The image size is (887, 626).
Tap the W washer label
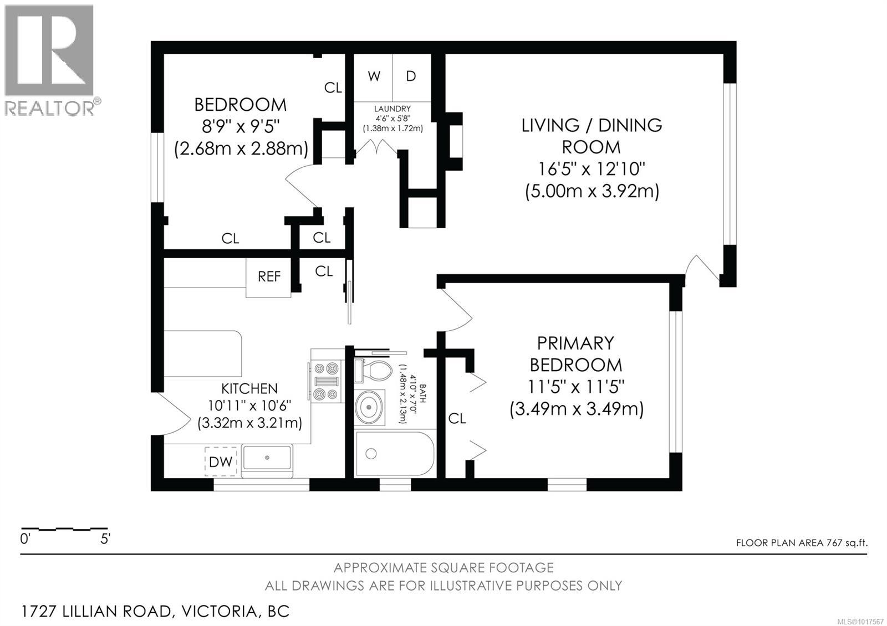(x=374, y=76)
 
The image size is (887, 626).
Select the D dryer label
(x=411, y=76)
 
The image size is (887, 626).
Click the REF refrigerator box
(x=269, y=276)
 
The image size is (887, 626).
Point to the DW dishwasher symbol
(x=221, y=461)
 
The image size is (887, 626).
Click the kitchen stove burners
(x=325, y=381)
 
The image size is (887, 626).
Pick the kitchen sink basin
(x=267, y=459)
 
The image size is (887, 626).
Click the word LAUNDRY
(x=392, y=109)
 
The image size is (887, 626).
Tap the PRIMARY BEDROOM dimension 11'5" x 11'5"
(x=576, y=387)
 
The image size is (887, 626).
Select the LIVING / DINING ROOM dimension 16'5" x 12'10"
(x=592, y=169)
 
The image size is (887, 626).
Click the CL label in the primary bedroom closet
(x=457, y=419)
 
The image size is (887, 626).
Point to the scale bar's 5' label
(x=105, y=538)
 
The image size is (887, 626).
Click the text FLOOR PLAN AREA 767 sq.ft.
(x=801, y=543)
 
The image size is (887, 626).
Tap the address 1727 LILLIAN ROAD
(x=96, y=612)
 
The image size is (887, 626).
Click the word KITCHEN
(x=249, y=389)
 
